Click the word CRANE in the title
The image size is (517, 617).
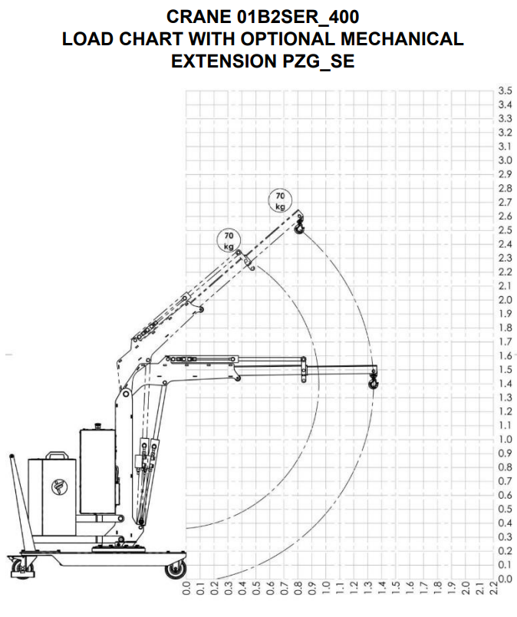click(199, 17)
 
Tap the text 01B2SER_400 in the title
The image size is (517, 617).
click(298, 17)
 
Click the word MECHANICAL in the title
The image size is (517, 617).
click(402, 39)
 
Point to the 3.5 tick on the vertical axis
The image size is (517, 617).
click(505, 91)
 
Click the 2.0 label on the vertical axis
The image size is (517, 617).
click(505, 300)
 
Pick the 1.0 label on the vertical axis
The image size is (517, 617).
click(505, 439)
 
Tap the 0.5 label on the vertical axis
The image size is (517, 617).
click(505, 509)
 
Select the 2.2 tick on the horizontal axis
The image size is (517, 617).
click(494, 588)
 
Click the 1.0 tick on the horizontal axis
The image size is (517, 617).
click(326, 588)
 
